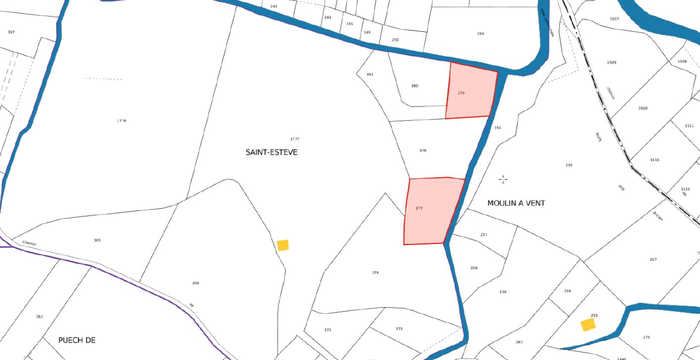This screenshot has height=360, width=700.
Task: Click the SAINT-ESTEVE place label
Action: click(x=271, y=152)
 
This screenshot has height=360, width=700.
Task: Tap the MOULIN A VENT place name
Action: click(x=516, y=203)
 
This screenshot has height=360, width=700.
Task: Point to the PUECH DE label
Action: click(x=77, y=340)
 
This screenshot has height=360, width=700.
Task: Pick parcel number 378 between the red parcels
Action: click(x=422, y=151)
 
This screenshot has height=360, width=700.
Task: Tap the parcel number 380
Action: click(x=414, y=86)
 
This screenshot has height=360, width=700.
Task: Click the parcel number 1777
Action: click(x=295, y=139)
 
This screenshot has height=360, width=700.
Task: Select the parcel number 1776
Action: click(x=122, y=120)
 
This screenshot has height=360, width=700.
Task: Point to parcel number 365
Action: click(x=97, y=240)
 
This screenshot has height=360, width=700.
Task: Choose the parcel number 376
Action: click(x=375, y=273)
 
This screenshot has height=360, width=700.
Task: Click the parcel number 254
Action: click(x=481, y=34)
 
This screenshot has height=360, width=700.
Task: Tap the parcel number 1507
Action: click(x=614, y=19)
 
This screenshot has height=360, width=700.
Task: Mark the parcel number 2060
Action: click(x=643, y=108)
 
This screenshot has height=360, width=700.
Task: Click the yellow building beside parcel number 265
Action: click(x=588, y=324)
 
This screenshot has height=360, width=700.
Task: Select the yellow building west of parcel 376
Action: click(x=283, y=245)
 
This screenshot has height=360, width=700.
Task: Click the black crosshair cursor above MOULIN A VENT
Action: click(x=503, y=179)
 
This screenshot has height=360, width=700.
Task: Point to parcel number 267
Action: click(x=653, y=259)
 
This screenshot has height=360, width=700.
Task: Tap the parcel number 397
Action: click(x=11, y=32)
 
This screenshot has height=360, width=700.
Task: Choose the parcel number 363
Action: click(x=40, y=317)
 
